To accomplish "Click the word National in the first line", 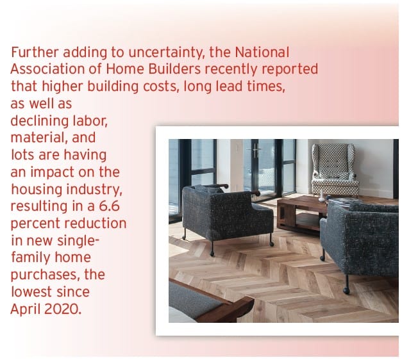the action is coord(262,52).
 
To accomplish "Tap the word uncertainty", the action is coord(167,53).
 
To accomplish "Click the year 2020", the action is coord(63,309).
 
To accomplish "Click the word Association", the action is coord(47,69).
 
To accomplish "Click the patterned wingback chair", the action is coord(335,170).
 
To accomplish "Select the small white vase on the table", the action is coord(321,196).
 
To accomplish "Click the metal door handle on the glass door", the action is coord(255,151).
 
